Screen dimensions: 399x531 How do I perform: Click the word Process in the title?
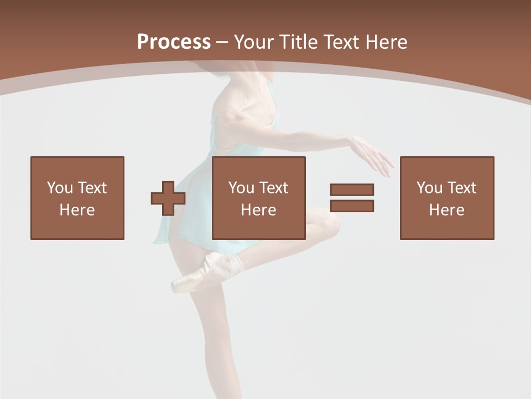(x=174, y=42)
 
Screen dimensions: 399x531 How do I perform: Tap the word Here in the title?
(x=387, y=42)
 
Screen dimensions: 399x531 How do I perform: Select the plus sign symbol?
(x=168, y=198)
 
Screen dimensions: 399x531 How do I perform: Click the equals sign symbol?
(x=352, y=198)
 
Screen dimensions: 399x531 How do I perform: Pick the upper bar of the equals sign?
(x=352, y=190)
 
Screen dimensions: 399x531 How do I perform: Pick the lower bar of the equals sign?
(x=352, y=206)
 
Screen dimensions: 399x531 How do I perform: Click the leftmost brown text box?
(x=77, y=198)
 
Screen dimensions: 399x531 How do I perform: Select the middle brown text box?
(x=259, y=198)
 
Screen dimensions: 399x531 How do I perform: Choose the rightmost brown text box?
(x=447, y=198)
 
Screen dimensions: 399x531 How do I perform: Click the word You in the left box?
(x=60, y=188)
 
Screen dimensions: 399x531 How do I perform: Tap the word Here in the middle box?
(x=259, y=210)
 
